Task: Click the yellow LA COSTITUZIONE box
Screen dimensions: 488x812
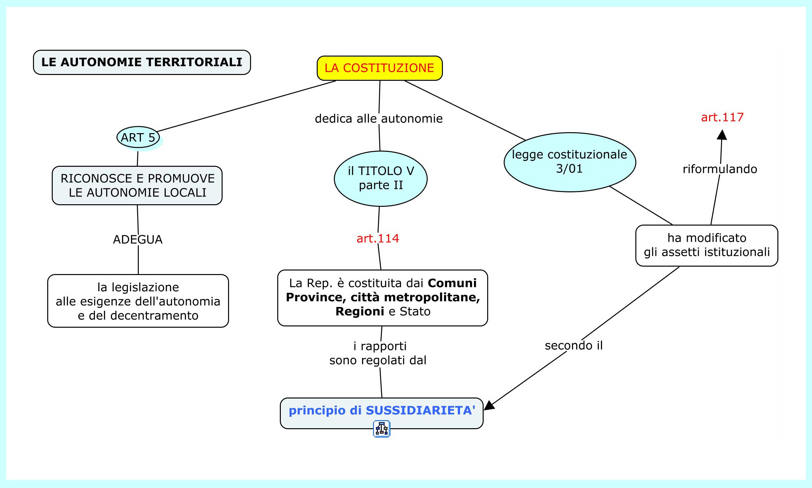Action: point(379,68)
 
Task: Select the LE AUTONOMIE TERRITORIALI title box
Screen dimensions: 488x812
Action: point(142,62)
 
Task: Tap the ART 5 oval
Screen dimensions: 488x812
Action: point(138,137)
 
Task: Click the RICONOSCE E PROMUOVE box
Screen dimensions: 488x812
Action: point(137,186)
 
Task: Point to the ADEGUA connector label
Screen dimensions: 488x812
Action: point(137,240)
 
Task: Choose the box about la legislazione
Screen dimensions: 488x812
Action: point(138,301)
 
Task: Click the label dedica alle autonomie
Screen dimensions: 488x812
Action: point(379,119)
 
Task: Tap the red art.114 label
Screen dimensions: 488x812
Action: point(378,239)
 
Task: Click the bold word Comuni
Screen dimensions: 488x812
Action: point(452,283)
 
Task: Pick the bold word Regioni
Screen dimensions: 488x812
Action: point(359,312)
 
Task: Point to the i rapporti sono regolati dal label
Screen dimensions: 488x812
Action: point(378,353)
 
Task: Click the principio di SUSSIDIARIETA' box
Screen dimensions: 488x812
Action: point(381,411)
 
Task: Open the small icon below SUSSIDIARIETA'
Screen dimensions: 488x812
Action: point(381,429)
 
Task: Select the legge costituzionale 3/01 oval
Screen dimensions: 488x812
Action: point(569,162)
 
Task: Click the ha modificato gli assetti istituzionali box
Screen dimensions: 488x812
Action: point(707,245)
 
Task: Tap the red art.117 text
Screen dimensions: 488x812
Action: point(722,117)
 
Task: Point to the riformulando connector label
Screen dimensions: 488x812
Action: point(720,169)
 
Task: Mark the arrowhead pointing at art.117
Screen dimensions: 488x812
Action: point(722,135)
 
